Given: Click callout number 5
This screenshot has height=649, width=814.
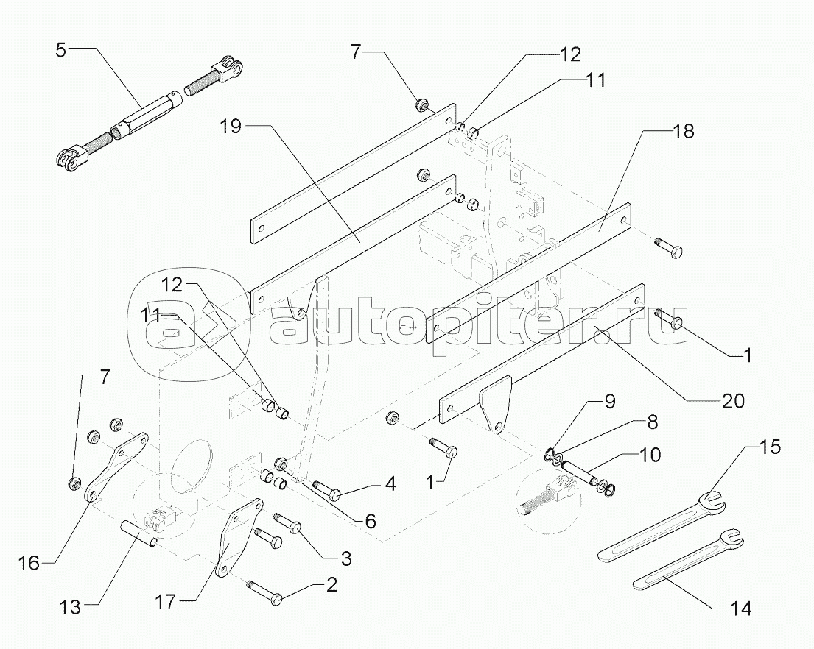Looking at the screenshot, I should tap(61, 51).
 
